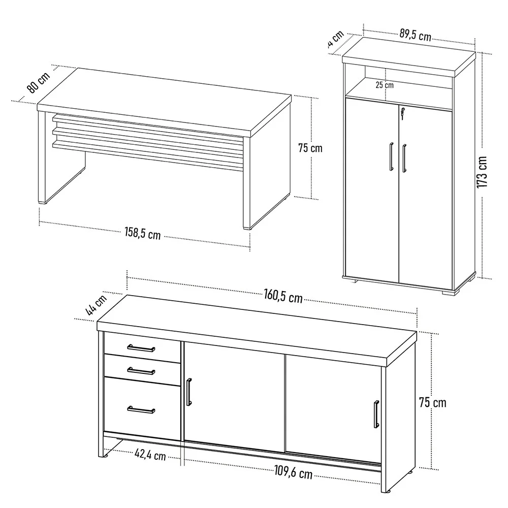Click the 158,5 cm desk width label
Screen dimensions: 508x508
click(x=143, y=234)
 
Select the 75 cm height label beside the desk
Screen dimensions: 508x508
click(x=310, y=148)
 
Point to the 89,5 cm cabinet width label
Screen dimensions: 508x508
click(x=415, y=36)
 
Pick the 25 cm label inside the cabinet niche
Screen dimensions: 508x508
click(x=385, y=85)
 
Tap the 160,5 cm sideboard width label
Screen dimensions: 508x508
click(x=283, y=296)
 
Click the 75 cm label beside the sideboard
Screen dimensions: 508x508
click(x=432, y=402)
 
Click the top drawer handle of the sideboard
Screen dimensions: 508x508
click(x=141, y=348)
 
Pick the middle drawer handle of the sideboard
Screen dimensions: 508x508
click(x=141, y=370)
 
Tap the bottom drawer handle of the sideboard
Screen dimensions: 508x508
click(x=141, y=409)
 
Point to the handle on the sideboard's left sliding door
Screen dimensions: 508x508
click(x=189, y=393)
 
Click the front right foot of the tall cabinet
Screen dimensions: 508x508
click(x=449, y=291)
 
